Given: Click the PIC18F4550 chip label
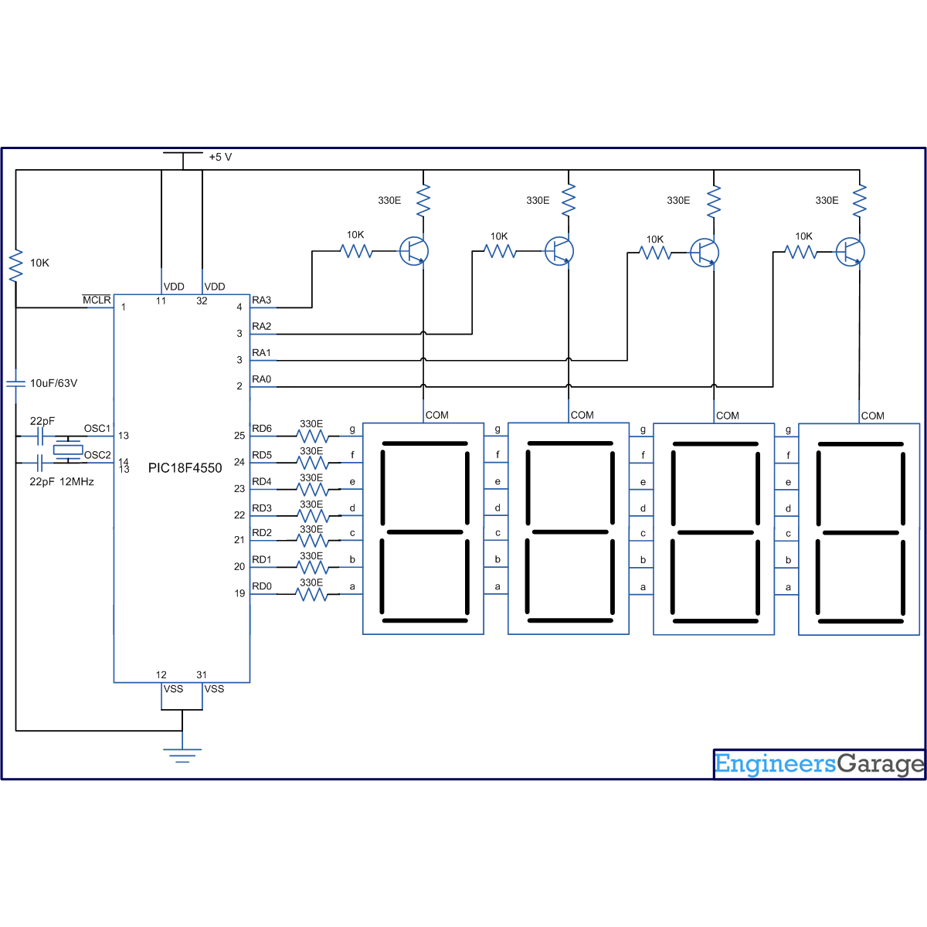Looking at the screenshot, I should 185,468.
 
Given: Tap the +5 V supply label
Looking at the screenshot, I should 220,158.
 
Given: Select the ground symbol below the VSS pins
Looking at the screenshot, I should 182,755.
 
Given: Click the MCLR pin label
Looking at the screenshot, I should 97,300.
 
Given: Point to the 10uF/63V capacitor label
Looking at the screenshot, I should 53,383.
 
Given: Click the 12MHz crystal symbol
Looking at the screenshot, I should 68,450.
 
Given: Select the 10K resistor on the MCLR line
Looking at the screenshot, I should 15,264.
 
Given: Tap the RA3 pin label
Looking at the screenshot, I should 262,300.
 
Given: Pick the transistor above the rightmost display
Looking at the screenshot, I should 851,251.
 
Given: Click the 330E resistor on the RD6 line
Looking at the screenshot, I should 312,436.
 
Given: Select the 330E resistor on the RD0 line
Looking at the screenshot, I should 312,595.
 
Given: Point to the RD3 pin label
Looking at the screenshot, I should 262,508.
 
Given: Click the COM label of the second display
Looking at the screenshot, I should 582,416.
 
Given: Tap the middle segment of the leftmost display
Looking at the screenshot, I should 425,532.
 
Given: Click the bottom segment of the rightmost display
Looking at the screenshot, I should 861,621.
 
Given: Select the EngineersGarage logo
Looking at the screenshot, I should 819,764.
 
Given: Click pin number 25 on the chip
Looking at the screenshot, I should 239,436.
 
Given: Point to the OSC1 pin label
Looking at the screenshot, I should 97,429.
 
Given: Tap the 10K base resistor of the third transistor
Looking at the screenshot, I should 656,253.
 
